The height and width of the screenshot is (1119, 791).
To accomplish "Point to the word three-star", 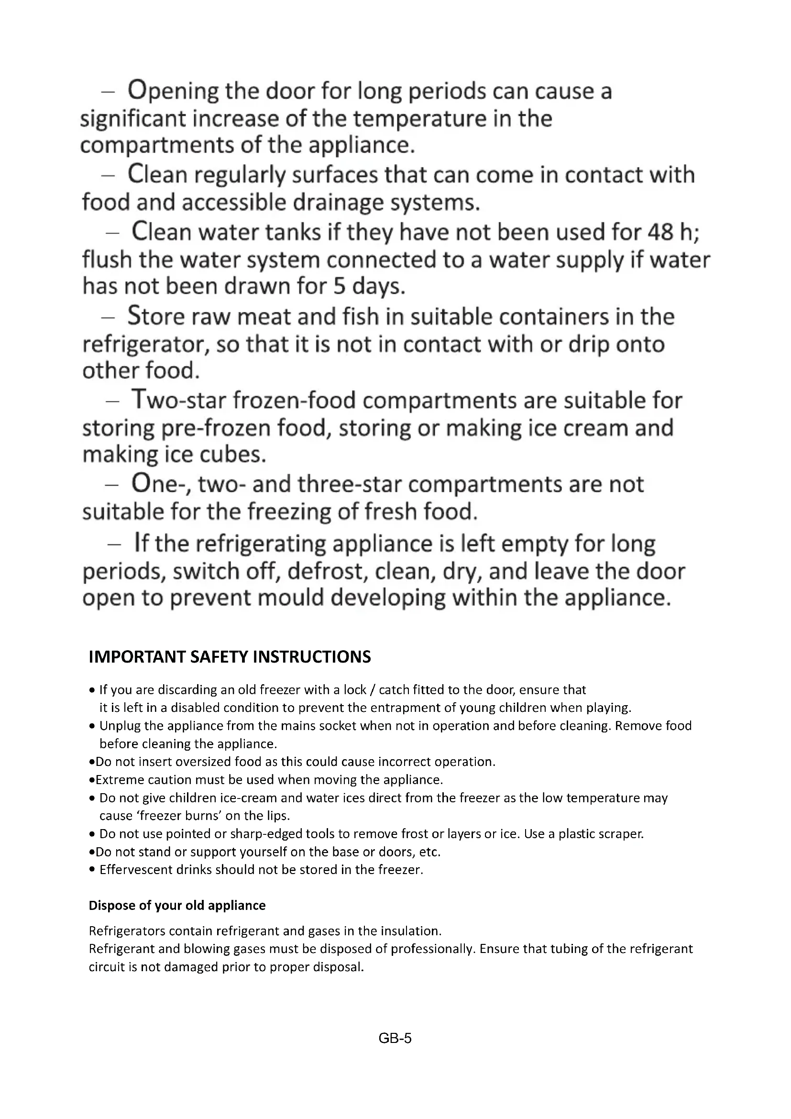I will pyautogui.click(x=350, y=485).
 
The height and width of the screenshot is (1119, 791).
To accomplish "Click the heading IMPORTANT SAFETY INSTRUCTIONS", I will pyautogui.click(x=230, y=657).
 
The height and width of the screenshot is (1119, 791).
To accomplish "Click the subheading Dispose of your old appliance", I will pyautogui.click(x=177, y=906).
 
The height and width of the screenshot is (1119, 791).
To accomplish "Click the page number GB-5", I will pyautogui.click(x=395, y=1039).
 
